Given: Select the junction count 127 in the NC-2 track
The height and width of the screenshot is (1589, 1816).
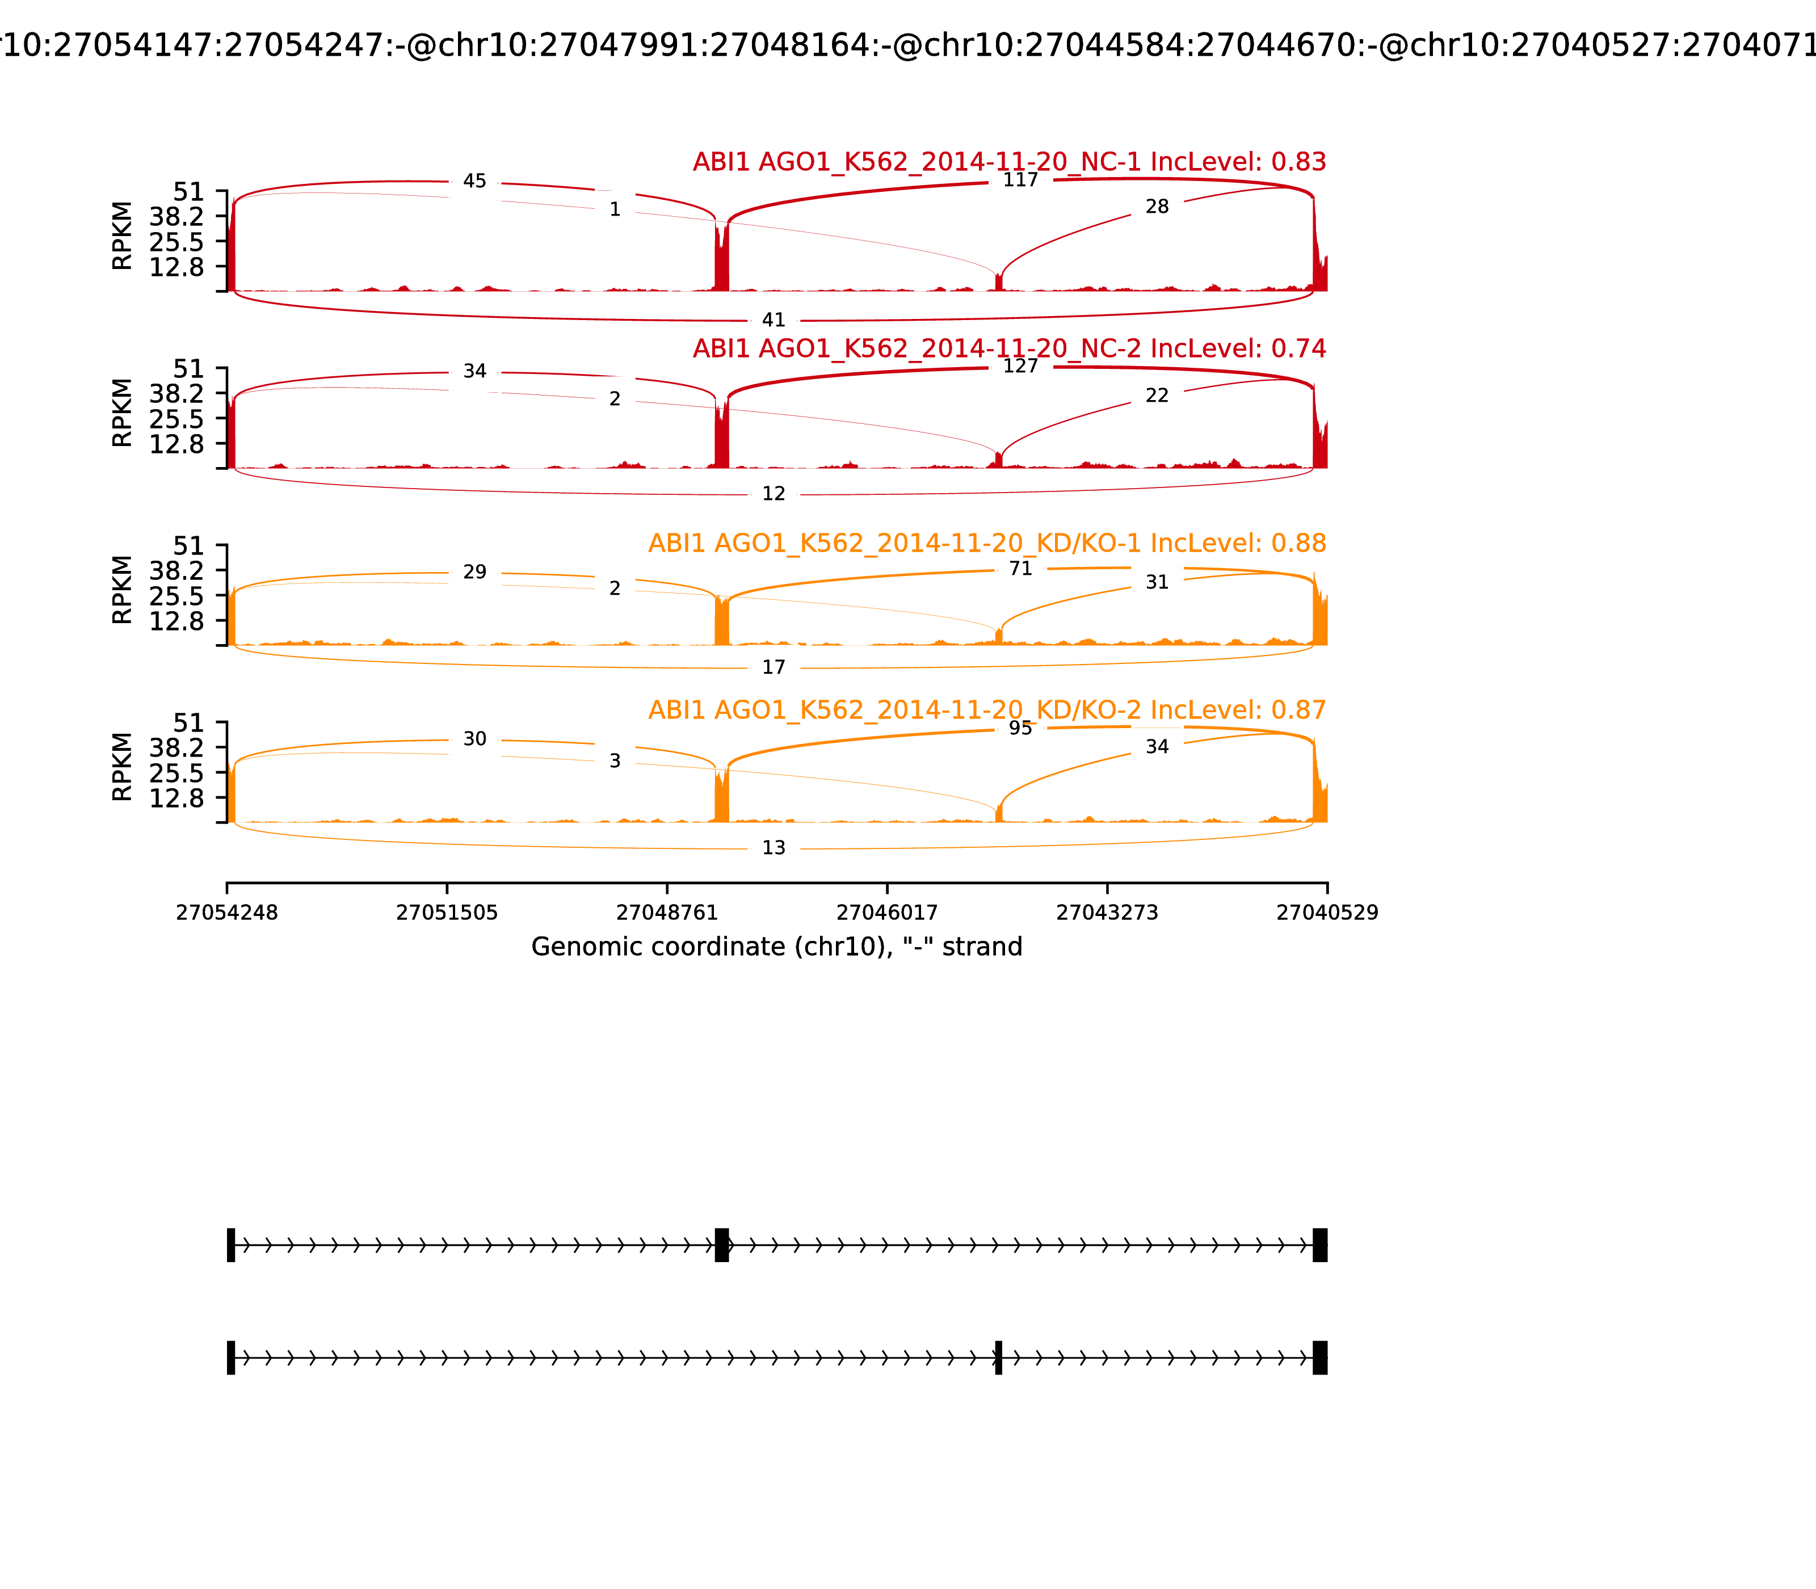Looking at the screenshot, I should coord(1020,366).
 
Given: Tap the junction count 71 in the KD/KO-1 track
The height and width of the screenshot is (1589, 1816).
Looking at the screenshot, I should coord(1020,569).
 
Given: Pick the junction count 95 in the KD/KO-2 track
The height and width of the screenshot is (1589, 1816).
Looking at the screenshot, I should coord(1020,728).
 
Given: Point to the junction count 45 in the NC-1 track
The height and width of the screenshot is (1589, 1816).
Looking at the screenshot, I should coord(474,181).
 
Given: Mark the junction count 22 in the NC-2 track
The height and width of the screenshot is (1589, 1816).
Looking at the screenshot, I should coord(1157,396).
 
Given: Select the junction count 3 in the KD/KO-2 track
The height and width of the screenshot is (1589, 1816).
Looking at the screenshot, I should coord(615,761).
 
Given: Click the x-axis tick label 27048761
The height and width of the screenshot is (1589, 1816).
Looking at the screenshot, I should coord(667,913).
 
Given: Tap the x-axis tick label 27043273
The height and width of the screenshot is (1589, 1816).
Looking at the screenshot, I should coord(1107,913).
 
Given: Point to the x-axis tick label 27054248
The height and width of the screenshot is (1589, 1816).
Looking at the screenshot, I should coord(227,913).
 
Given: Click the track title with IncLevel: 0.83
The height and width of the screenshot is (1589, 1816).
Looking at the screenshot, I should coord(1009,162).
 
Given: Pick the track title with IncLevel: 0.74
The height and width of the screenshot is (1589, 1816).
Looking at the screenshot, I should coord(1009,348).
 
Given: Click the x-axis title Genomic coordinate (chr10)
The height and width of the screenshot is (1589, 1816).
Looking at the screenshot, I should coord(777,947).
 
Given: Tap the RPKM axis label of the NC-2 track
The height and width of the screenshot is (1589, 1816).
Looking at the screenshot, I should coord(123,413).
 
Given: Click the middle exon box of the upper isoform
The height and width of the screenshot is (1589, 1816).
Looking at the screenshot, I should coord(722,1245).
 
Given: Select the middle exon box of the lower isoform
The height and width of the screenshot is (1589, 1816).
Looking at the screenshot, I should coord(998,1357).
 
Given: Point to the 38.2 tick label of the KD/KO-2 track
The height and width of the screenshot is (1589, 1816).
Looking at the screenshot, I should coord(176,747).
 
